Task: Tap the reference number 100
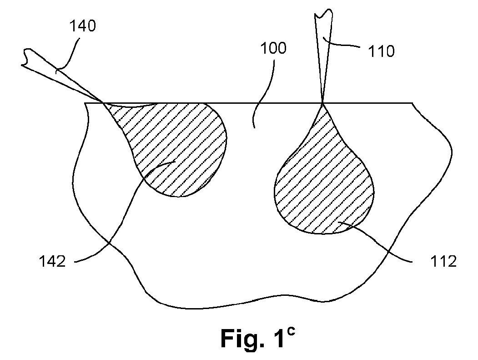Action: (273, 48)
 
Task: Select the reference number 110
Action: (382, 51)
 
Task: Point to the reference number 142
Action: (52, 261)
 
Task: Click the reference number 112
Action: (443, 261)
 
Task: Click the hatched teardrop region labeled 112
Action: (324, 180)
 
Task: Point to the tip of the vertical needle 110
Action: (322, 103)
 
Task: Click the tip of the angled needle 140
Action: (102, 102)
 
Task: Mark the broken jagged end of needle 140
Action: (26, 57)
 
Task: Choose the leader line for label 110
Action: (342, 44)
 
